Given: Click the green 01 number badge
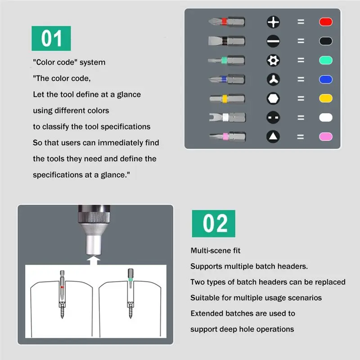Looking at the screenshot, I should coord(51,39).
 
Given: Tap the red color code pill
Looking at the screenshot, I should coord(325,22).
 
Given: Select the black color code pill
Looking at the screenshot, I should coord(325,41).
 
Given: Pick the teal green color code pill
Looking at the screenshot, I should coord(325,60).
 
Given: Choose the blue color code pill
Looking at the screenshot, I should coord(325,79).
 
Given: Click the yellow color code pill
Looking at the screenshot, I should coord(325,98).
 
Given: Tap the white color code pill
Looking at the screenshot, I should coord(325,117).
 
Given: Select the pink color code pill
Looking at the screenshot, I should coord(325,136).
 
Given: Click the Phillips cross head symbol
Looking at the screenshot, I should coord(273,22).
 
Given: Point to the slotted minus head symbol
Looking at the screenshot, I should coord(273,41).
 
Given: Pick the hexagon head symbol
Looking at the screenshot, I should coord(273,98).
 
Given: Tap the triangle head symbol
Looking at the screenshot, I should coord(273,136).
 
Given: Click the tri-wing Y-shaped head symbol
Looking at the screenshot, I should coord(273,79).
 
